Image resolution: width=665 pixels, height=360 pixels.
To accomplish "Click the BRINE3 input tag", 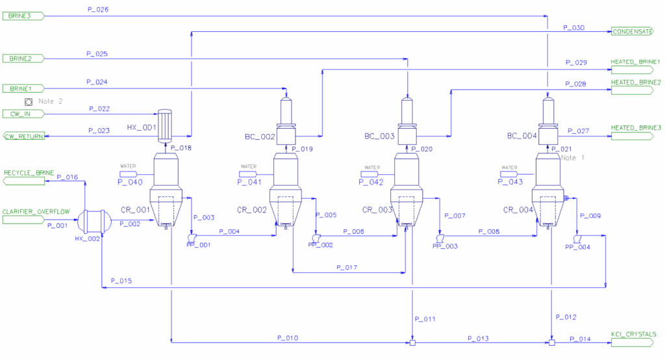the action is click(23, 16).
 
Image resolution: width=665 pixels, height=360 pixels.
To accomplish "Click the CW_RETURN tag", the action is click(24, 136).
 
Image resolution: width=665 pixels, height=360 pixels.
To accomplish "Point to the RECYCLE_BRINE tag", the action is click(24, 181).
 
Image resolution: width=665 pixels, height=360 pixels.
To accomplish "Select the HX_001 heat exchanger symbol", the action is click(164, 125).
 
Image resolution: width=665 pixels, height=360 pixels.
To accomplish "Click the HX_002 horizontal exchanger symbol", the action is click(94, 221).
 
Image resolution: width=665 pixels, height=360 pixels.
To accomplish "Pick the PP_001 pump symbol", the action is click(192, 238).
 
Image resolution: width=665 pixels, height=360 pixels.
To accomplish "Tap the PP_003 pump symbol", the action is click(440, 238).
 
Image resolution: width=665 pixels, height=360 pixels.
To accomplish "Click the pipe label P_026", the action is click(98, 9).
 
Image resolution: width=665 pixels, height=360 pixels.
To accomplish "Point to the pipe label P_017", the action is click(347, 267).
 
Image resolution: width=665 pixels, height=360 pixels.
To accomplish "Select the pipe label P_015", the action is click(121, 281).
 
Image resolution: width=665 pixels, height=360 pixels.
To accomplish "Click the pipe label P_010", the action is click(288, 338).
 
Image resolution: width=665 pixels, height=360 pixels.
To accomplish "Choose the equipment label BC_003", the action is click(379, 136).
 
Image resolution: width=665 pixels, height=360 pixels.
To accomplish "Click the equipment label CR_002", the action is click(252, 210).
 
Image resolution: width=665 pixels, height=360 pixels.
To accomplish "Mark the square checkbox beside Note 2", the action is click(29, 102).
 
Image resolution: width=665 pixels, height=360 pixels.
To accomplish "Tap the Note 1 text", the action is click(573, 158).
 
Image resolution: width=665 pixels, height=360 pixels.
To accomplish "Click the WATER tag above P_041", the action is click(249, 166).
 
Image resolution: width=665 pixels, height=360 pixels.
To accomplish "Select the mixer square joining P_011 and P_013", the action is click(412, 342).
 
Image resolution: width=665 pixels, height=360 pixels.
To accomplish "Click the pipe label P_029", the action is click(576, 62).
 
